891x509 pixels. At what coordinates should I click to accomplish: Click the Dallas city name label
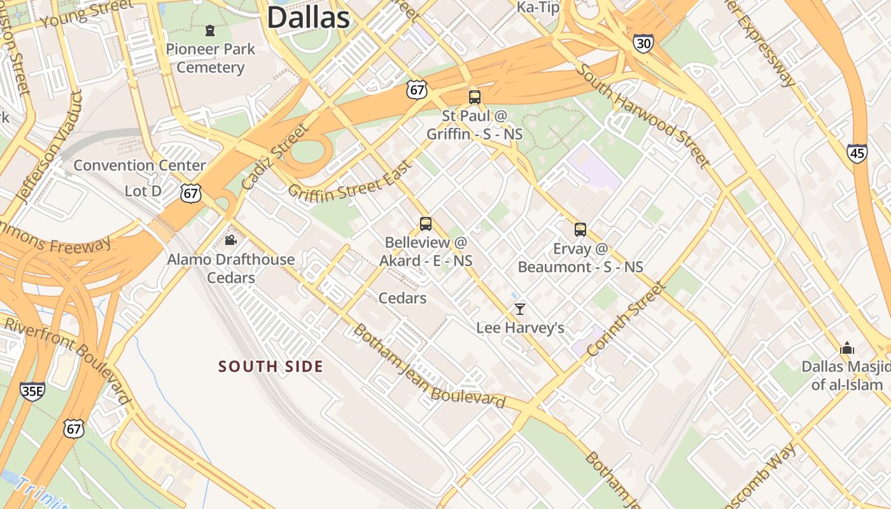(x=308, y=17)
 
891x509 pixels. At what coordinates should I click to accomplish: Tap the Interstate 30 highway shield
(x=643, y=43)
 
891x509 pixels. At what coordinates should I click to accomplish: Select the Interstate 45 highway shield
(x=857, y=153)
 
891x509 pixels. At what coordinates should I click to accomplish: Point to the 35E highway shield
(x=32, y=391)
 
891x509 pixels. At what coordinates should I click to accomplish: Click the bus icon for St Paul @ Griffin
(x=474, y=97)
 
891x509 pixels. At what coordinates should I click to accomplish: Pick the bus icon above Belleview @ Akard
(x=426, y=224)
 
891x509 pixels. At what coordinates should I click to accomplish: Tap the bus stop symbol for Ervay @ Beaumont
(x=580, y=230)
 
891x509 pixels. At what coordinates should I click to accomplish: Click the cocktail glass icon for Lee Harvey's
(x=520, y=309)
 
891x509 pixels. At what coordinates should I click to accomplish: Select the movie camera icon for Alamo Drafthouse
(x=230, y=241)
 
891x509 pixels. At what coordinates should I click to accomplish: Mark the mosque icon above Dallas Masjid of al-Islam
(x=846, y=348)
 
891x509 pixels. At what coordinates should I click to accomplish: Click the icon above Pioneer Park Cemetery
(x=209, y=31)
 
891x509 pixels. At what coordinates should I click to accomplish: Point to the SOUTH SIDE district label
(x=270, y=366)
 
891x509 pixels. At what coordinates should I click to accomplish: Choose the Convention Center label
(x=139, y=165)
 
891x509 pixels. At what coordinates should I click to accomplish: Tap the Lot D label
(x=143, y=191)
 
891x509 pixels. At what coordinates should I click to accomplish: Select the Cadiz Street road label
(x=274, y=157)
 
